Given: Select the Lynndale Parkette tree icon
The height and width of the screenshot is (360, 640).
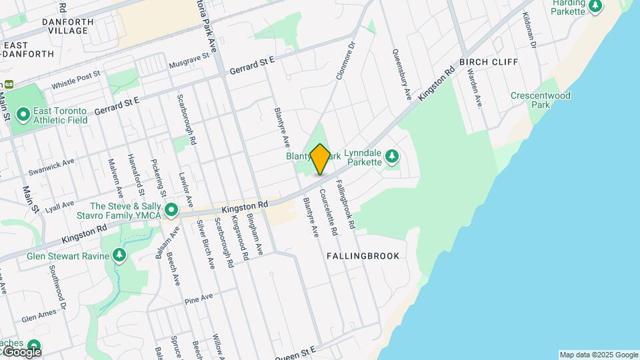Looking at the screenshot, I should click(392, 157).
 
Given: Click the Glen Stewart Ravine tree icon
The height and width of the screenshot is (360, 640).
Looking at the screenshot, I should click(119, 255).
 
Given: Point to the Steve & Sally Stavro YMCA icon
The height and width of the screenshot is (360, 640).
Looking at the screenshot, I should click(171, 211).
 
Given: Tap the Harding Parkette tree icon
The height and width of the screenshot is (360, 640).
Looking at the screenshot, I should click(595, 6).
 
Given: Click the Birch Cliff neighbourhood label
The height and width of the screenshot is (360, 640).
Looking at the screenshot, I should click(489, 62).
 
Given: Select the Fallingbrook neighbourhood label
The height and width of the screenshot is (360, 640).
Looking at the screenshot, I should click(363, 256).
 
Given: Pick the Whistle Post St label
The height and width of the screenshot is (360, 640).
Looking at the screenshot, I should click(75, 81).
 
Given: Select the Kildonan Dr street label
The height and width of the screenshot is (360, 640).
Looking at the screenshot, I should click(530, 29).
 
